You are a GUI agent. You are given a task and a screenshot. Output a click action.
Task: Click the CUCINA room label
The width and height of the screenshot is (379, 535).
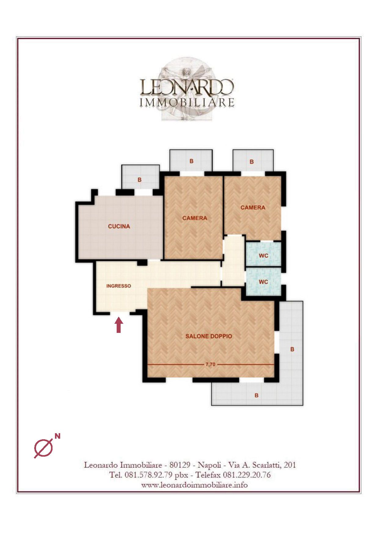pyautogui.click(x=119, y=226)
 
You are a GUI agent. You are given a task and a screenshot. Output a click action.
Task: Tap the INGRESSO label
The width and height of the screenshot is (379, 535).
pyautogui.click(x=118, y=286)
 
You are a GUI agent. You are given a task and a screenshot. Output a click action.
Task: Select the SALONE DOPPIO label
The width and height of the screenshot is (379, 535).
pyautogui.click(x=209, y=336)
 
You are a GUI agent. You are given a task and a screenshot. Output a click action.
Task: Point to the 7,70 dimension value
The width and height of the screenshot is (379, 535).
pyautogui.click(x=210, y=364)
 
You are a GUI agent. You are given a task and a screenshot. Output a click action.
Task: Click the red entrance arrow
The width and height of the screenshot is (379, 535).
pyautogui.click(x=119, y=325)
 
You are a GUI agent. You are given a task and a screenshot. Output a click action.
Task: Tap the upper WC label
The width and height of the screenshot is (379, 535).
pyautogui.click(x=263, y=256)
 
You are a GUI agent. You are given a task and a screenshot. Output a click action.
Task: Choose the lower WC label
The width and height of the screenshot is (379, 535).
pyautogui.click(x=263, y=282)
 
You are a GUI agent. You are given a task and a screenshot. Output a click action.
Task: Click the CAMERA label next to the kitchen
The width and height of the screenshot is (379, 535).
pyautogui.click(x=195, y=218)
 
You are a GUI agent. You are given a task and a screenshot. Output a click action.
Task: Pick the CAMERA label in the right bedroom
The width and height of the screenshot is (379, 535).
pyautogui.click(x=253, y=208)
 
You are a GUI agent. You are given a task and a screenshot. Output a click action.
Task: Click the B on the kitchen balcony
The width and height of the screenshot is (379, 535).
pyautogui.click(x=140, y=180)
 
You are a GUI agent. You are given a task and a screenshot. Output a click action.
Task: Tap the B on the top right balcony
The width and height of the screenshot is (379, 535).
pyautogui.click(x=252, y=162)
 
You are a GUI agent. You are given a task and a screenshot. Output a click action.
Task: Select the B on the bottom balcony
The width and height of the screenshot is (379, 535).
pyautogui.click(x=257, y=395)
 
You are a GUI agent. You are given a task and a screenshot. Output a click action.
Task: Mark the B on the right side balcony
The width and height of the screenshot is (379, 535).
pyautogui.click(x=292, y=349)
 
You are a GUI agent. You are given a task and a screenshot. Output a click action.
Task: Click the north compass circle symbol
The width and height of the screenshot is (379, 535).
pyautogui.click(x=43, y=448)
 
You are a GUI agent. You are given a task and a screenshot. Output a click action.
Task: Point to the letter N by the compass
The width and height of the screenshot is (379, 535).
pyautogui.click(x=57, y=436)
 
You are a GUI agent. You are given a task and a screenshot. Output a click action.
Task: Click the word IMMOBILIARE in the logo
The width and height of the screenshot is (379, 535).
pyautogui.click(x=187, y=102)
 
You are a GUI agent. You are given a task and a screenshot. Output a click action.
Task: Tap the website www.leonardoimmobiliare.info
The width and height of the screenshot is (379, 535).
pyautogui.click(x=195, y=485)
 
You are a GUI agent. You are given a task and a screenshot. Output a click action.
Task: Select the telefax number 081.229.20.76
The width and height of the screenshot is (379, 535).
pyautogui.click(x=247, y=475)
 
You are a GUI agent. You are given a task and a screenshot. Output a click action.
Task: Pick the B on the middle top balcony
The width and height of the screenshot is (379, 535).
pyautogui.click(x=191, y=161)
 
